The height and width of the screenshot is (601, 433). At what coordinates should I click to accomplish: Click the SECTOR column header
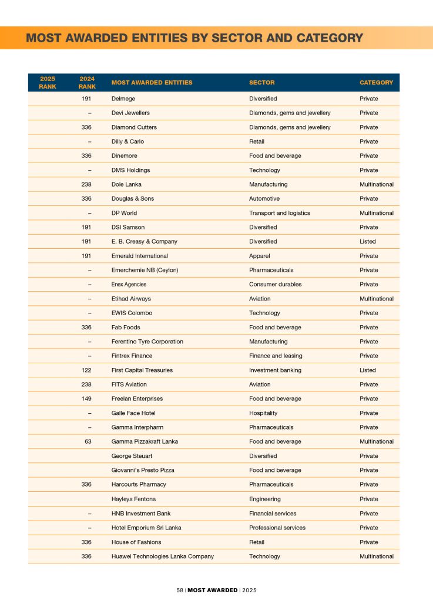(261, 83)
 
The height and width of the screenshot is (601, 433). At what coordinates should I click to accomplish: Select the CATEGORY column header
(376, 83)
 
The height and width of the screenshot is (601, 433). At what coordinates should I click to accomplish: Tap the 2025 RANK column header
(48, 83)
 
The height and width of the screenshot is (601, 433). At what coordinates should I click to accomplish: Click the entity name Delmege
(122, 99)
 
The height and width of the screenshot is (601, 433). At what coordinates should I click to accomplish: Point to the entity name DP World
(124, 213)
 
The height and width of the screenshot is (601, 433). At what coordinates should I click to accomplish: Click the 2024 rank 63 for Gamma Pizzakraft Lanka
(88, 441)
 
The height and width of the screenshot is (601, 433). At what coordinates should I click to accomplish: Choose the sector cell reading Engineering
(264, 499)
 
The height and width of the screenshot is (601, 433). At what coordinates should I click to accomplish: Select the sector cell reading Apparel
(260, 256)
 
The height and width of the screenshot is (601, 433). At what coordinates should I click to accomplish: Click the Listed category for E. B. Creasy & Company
(368, 241)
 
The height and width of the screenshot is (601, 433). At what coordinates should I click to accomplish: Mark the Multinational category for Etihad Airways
(377, 299)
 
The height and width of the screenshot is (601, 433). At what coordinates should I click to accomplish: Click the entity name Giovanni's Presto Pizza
(143, 470)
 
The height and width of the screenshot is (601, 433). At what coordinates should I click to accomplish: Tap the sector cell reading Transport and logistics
(280, 213)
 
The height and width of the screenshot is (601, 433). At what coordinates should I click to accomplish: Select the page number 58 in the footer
(180, 590)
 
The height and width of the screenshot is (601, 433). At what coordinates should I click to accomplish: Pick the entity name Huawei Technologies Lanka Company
(163, 556)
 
